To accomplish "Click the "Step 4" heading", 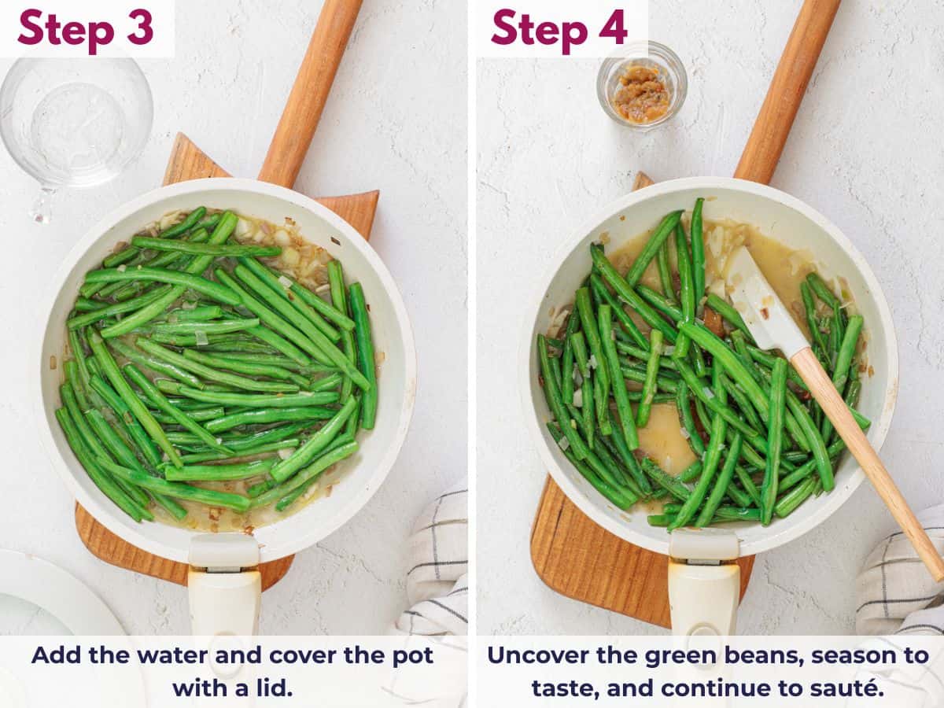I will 559,28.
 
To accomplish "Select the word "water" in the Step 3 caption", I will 189,655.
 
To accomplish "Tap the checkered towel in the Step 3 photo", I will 437,566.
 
